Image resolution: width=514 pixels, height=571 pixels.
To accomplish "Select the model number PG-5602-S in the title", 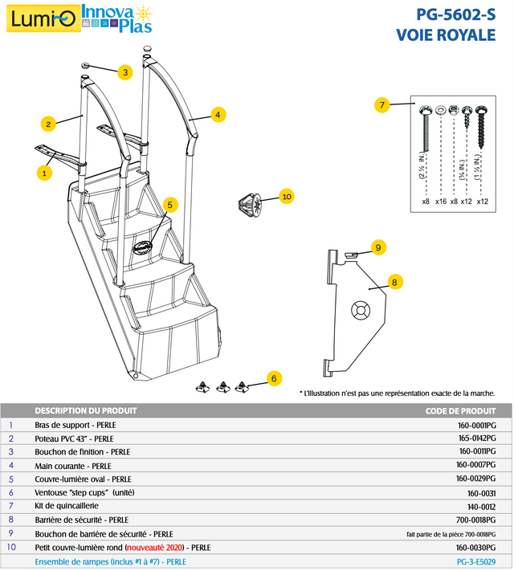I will click(x=455, y=14).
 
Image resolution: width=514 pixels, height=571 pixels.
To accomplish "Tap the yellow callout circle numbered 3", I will click(x=124, y=72).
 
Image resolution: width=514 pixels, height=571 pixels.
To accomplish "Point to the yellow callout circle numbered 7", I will click(x=382, y=105).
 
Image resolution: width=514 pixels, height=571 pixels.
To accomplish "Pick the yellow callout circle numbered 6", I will click(x=274, y=377).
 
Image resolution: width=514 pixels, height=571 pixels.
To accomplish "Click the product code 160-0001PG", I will click(x=476, y=425).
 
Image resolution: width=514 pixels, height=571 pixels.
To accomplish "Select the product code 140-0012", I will click(x=482, y=506).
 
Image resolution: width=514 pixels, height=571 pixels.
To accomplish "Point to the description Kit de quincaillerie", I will click(x=68, y=506).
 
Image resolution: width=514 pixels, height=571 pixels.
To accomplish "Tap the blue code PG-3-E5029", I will click(x=476, y=561).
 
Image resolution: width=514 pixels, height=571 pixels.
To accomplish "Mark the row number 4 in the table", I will click(x=11, y=465).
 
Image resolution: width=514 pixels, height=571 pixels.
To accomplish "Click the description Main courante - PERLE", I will click(x=73, y=465).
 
